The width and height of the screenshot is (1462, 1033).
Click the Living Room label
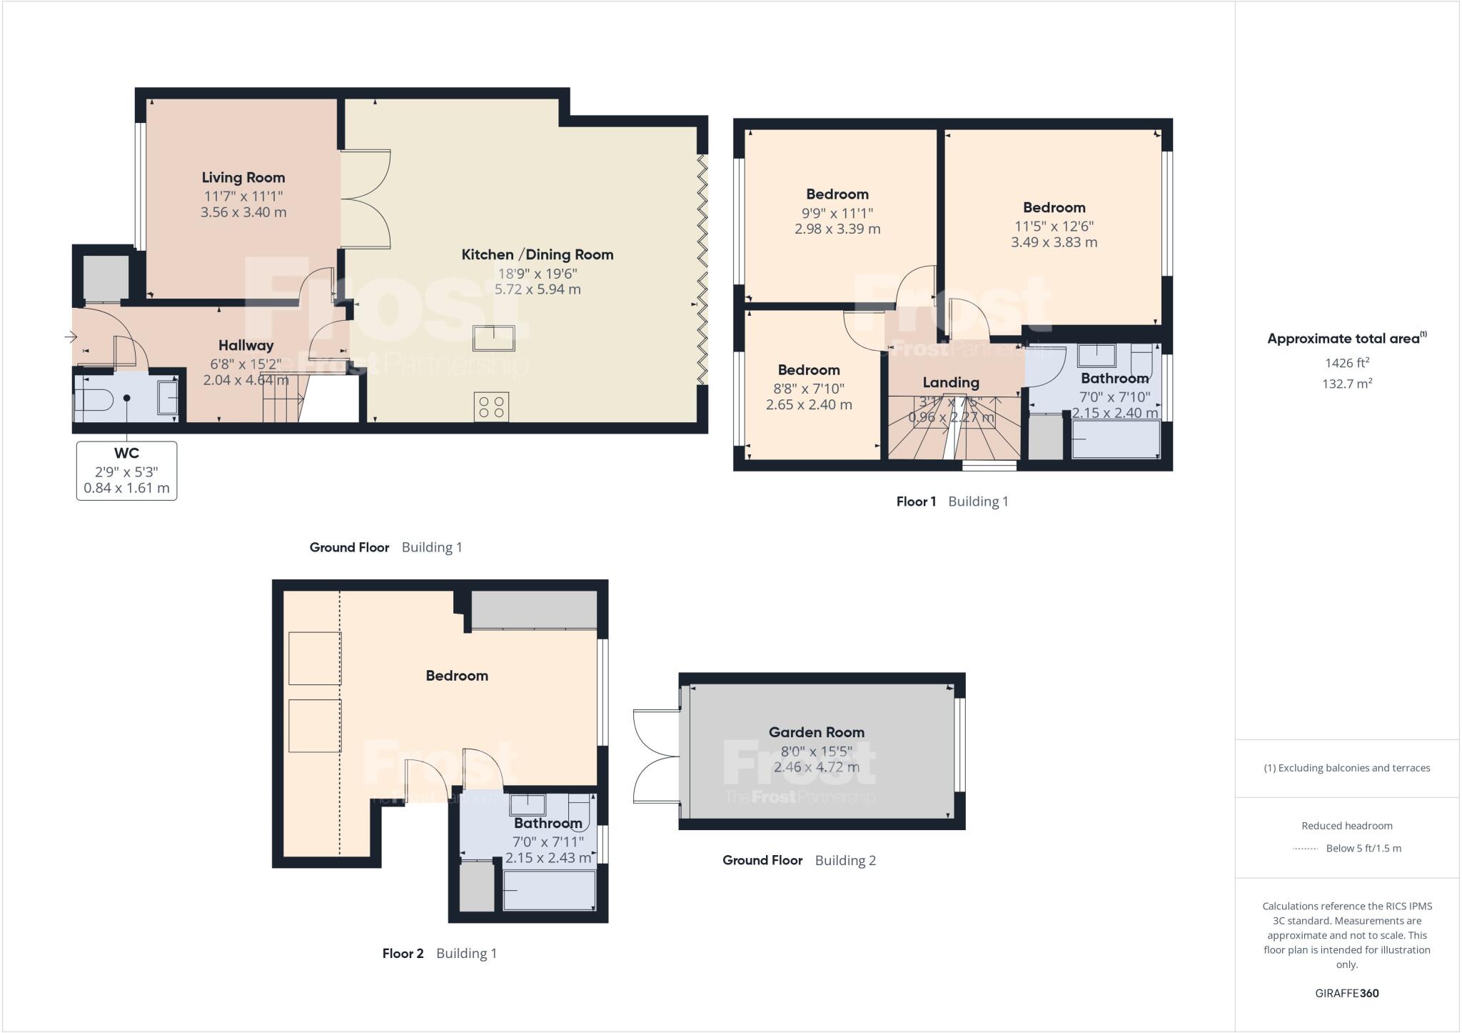243,177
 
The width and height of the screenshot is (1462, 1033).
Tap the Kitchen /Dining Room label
537,254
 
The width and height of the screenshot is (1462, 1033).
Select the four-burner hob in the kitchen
491,408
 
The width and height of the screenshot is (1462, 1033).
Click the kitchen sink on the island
493,338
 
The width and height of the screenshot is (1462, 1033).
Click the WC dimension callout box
126,471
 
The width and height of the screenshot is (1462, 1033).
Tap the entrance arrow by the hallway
71,336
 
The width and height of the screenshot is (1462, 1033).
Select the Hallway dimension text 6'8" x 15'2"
246,364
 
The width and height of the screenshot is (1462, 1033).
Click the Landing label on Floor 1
950,382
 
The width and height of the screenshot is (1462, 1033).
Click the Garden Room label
816,732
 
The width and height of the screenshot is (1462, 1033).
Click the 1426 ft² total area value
1346,363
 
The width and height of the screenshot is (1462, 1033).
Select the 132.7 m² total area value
1346,384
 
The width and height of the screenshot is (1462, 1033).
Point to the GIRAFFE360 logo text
1346,993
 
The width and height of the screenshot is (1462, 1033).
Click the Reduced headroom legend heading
1346,826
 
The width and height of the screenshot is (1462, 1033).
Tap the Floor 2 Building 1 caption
439,954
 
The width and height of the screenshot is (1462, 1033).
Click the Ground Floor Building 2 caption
799,860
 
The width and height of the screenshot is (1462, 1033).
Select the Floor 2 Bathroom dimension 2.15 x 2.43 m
548,857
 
